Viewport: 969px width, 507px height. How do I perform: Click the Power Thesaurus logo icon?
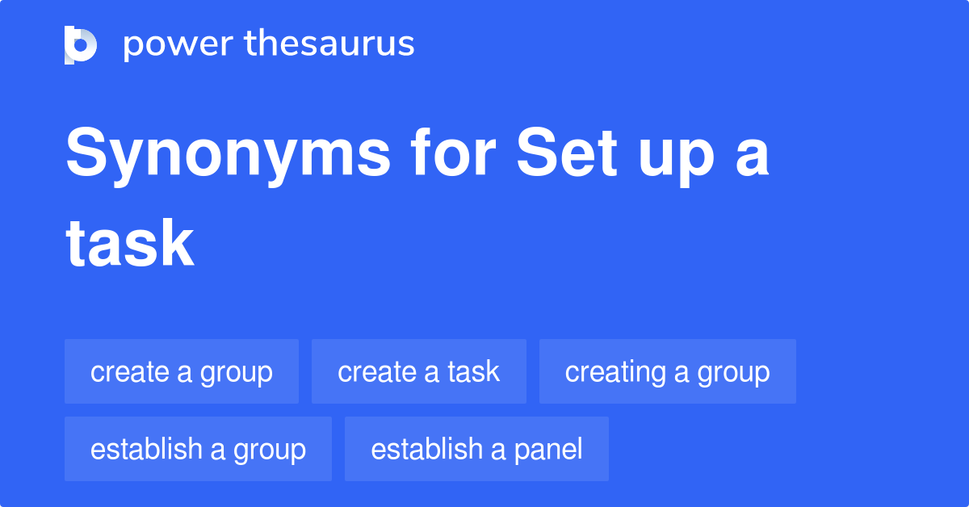click(81, 44)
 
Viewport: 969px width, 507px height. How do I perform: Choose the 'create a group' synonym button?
click(182, 371)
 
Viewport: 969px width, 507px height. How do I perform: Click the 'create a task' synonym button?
click(418, 371)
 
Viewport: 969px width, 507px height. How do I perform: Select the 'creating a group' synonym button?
click(667, 371)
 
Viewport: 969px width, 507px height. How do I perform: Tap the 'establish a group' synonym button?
click(198, 449)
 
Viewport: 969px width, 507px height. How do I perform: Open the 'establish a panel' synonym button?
click(476, 449)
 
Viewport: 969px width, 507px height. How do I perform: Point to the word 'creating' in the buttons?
click(615, 372)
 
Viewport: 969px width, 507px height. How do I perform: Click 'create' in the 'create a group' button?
click(129, 371)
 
